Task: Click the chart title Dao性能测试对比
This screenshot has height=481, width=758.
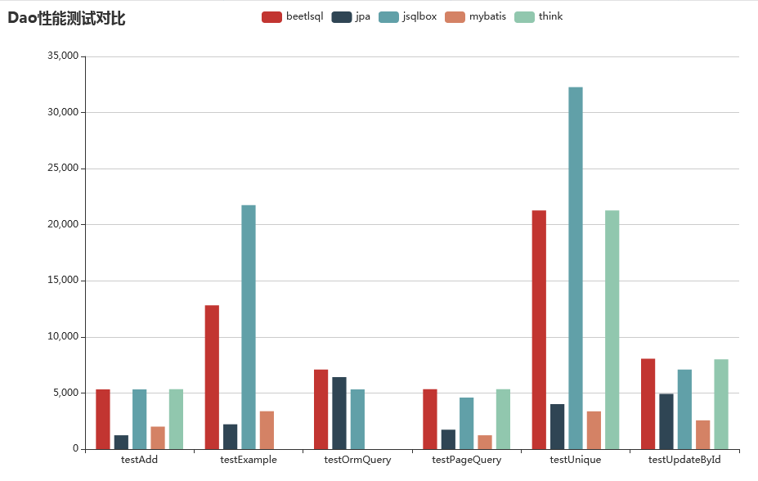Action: [x=66, y=18]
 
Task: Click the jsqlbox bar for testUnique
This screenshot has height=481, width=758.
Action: [x=576, y=267]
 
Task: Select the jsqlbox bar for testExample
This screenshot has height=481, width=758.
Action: [x=249, y=326]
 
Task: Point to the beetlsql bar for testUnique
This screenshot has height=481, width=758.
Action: [x=539, y=329]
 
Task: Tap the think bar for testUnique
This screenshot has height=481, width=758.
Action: [x=612, y=329]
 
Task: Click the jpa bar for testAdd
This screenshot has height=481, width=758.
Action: [x=121, y=442]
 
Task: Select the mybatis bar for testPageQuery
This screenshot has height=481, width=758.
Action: [x=485, y=442]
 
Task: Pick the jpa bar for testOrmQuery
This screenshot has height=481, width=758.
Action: [x=339, y=412]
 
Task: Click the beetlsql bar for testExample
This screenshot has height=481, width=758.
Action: [x=212, y=376]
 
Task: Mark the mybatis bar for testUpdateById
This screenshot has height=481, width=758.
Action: [x=702, y=434]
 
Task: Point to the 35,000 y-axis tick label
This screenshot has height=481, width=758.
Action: [x=62, y=56]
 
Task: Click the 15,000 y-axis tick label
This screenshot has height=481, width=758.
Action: [x=62, y=281]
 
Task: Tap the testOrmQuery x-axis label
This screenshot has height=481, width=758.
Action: [x=357, y=460]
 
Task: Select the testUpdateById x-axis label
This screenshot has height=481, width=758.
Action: [x=684, y=460]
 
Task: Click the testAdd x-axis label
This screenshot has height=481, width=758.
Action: [x=139, y=460]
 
